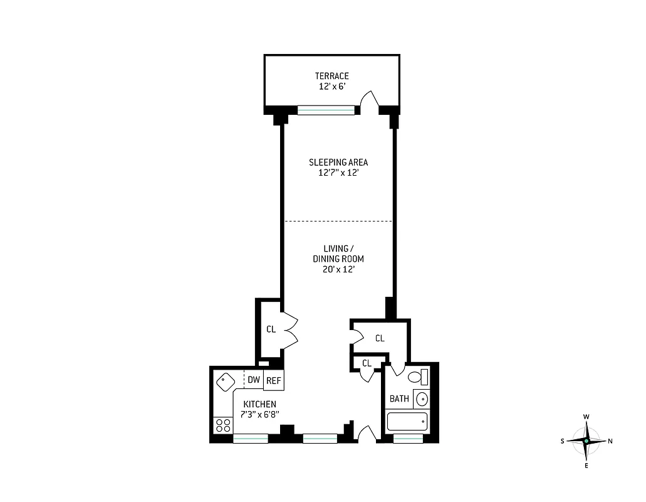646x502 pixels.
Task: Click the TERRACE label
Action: pos(331,76)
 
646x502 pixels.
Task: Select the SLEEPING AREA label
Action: pos(338,162)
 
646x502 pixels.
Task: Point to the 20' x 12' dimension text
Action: pos(338,269)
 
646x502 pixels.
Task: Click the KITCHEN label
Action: pos(259,404)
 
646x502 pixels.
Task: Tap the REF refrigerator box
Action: pos(273,380)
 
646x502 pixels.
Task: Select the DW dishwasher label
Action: pos(254,380)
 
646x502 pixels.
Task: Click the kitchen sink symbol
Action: pos(224,380)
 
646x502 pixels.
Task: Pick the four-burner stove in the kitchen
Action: pos(222,425)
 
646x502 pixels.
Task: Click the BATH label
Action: pos(399,398)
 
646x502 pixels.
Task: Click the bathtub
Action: pos(407,422)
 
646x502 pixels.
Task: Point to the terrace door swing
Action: pos(370,100)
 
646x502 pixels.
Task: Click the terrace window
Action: pos(326,110)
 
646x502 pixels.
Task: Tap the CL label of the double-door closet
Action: pos(271,329)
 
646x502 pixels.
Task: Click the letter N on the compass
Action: pos(610,441)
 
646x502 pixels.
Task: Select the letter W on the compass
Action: pos(586,417)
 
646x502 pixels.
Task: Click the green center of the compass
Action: pos(586,441)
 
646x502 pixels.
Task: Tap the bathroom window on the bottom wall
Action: pos(407,439)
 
